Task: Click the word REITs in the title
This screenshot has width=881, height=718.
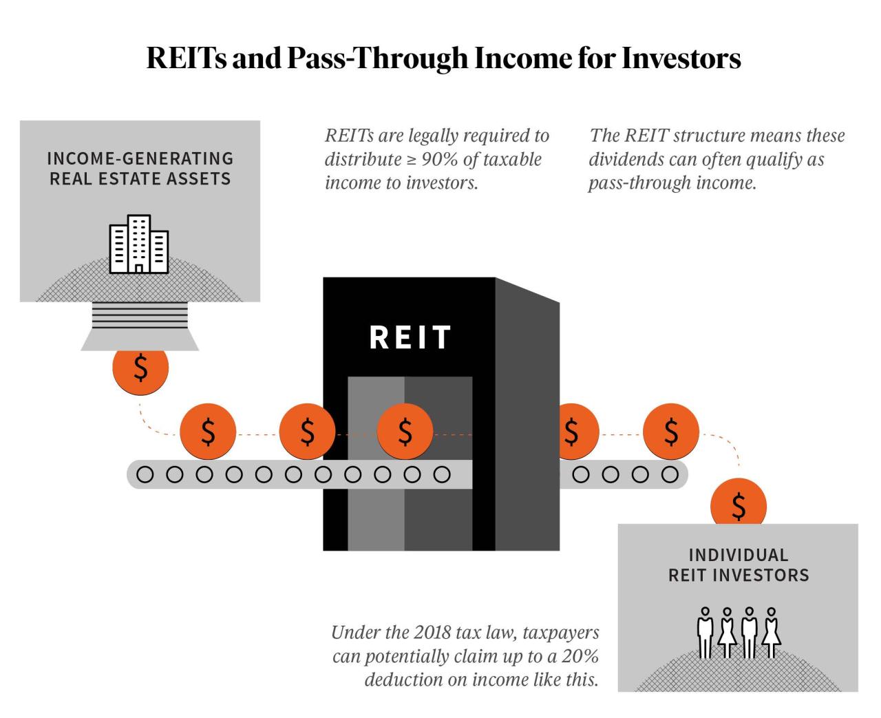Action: click(187, 59)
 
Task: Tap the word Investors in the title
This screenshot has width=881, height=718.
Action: click(681, 59)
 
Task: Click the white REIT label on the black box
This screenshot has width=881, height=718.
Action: click(410, 337)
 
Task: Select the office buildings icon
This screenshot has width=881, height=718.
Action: click(139, 244)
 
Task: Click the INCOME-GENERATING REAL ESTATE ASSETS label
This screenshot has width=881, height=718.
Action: click(140, 169)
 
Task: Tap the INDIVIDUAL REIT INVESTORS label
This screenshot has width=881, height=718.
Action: click(739, 565)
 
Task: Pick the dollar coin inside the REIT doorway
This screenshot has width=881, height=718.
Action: click(405, 432)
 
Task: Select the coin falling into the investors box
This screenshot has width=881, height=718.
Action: click(739, 505)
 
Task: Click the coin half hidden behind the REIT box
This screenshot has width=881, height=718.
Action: click(573, 432)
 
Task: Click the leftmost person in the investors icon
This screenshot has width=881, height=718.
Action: click(705, 633)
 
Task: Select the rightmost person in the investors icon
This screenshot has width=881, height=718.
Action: click(772, 633)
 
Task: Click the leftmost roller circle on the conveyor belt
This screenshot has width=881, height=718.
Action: click(145, 474)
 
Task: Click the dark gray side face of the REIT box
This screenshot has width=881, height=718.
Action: click(527, 413)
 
